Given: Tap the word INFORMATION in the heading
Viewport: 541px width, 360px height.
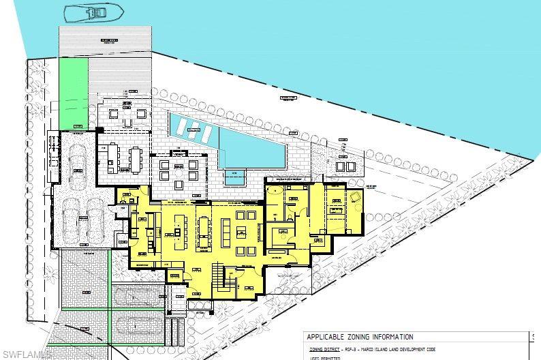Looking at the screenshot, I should point(390,337).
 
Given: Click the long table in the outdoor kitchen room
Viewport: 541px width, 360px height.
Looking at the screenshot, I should point(133,157).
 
